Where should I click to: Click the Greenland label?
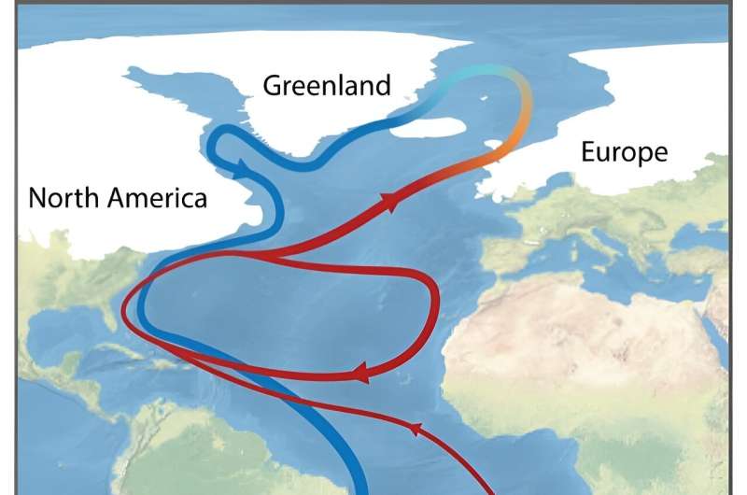[326, 87]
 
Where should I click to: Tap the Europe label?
[624, 152]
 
